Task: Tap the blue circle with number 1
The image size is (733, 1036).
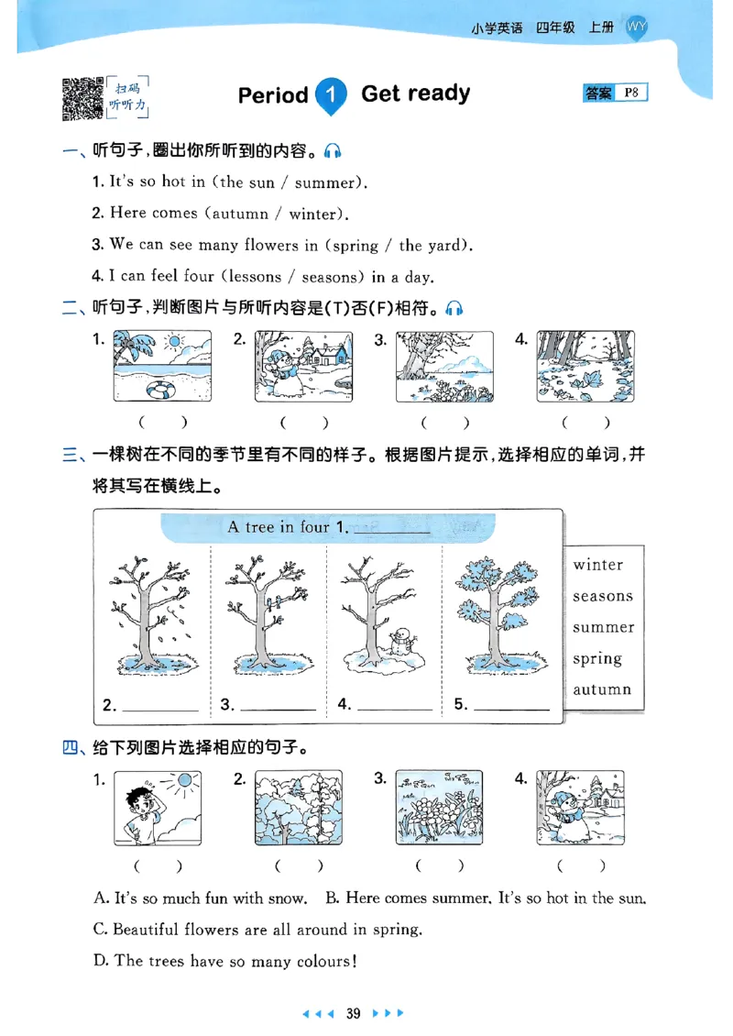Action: point(332,95)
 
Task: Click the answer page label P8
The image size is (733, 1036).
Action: point(630,93)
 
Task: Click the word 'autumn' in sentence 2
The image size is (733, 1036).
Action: point(240,215)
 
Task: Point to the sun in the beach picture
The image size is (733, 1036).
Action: point(174,342)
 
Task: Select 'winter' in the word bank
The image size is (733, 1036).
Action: point(597,565)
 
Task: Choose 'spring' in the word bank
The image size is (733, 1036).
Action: point(597,659)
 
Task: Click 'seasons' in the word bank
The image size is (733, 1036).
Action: point(603,596)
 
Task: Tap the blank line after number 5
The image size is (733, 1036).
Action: point(512,707)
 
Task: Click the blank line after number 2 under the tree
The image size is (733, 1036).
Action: point(160,707)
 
